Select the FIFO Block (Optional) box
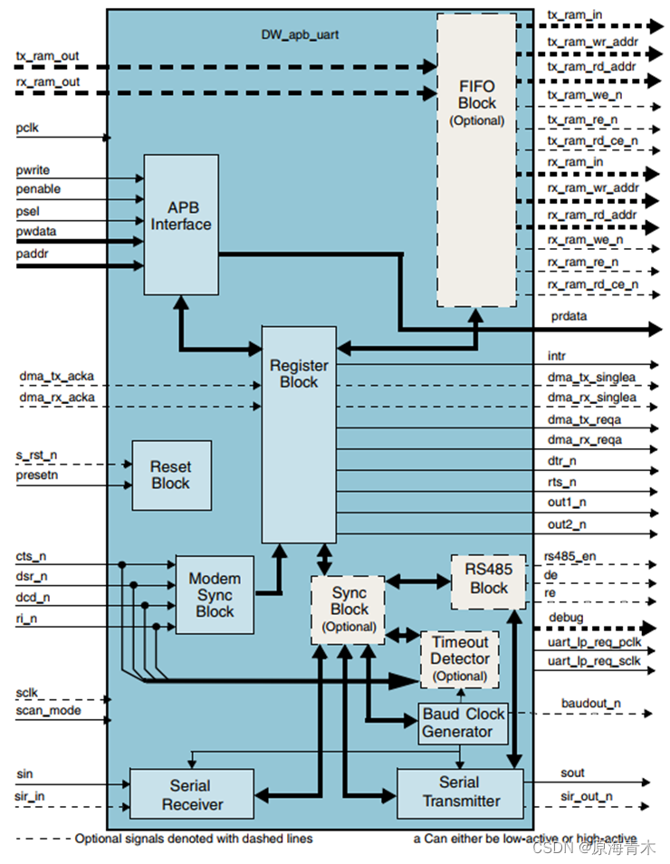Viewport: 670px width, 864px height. pyautogui.click(x=476, y=159)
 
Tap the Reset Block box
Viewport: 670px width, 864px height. pyautogui.click(x=172, y=475)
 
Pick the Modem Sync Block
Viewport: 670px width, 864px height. pyautogui.click(x=215, y=595)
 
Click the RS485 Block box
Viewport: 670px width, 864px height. pyautogui.click(x=489, y=580)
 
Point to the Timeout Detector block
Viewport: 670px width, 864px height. pyautogui.click(x=460, y=659)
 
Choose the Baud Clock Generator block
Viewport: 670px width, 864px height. pyautogui.click(x=463, y=723)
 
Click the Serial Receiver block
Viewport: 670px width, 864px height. pyautogui.click(x=189, y=793)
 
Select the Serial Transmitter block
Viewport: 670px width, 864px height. pyautogui.click(x=461, y=792)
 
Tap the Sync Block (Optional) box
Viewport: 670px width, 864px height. pyautogui.click(x=349, y=609)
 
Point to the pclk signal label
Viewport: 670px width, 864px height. pyautogui.click(x=28, y=129)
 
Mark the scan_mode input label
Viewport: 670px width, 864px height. pyautogui.click(x=48, y=711)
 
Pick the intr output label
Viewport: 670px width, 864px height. pyautogui.click(x=557, y=357)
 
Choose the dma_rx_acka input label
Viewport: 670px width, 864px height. pyautogui.click(x=56, y=397)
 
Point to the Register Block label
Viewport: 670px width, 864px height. pyautogui.click(x=299, y=374)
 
